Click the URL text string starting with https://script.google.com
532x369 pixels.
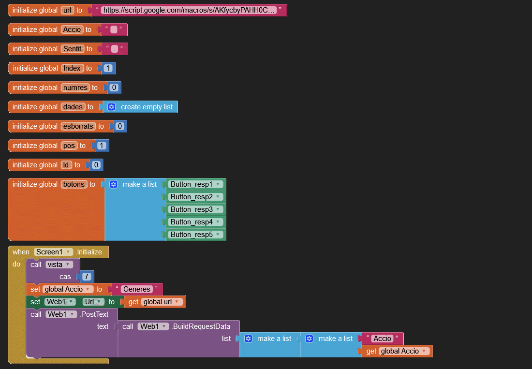189,10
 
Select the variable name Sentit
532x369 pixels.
72,49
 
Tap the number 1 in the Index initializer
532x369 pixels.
108,68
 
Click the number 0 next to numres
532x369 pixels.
114,88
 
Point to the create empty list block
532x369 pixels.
146,107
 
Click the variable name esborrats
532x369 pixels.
78,126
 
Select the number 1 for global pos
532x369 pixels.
102,146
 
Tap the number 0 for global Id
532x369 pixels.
96,165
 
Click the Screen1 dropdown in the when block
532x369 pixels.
53,252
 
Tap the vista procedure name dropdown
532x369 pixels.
59,265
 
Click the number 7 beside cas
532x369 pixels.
87,277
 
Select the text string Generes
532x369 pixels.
137,289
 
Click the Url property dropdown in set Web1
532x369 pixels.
93,302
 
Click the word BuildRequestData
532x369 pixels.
201,326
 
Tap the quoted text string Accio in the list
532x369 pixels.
382,339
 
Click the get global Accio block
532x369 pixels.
397,351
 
